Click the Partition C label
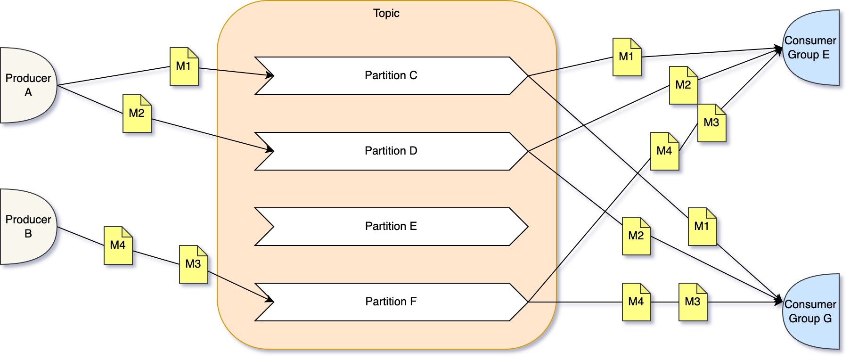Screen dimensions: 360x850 391,75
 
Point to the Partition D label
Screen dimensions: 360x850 391,151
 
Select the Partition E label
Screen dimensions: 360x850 391,226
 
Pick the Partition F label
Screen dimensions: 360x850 391,302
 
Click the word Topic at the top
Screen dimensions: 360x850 386,13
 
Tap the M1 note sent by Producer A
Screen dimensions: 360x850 184,66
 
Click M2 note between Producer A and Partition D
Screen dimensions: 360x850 137,114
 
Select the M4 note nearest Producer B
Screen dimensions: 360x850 118,245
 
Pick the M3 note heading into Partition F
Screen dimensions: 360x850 193,264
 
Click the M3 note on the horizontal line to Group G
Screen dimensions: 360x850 693,302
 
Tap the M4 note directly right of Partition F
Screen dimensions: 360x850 636,302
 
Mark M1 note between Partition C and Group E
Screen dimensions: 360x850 627,57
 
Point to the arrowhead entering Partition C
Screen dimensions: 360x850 270,75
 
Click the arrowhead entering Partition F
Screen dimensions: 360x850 270,300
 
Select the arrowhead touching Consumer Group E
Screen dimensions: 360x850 778,49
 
